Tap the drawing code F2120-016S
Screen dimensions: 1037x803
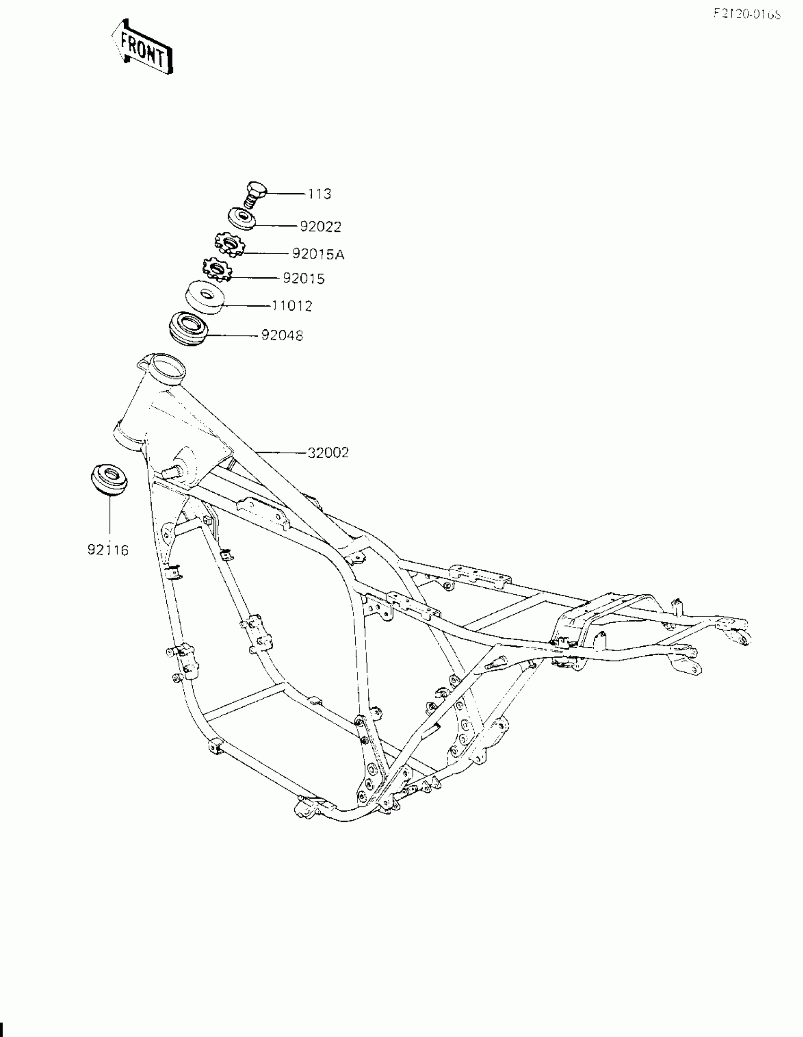tap(747, 14)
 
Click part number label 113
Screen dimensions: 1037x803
tap(320, 194)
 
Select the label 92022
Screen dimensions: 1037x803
tap(321, 227)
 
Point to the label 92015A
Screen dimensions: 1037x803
tap(318, 255)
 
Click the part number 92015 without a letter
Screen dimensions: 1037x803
tap(303, 278)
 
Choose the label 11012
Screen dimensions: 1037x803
tap(292, 306)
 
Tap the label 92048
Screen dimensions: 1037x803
tap(282, 336)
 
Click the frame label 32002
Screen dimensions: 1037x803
tap(328, 453)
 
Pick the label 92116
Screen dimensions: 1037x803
tap(108, 550)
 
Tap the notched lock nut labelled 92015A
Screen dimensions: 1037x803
tap(229, 245)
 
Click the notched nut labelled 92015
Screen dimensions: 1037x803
tap(217, 269)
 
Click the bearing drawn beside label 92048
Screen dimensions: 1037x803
tap(188, 327)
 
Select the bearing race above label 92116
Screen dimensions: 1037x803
tap(109, 479)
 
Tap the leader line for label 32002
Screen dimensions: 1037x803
tap(280, 453)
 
